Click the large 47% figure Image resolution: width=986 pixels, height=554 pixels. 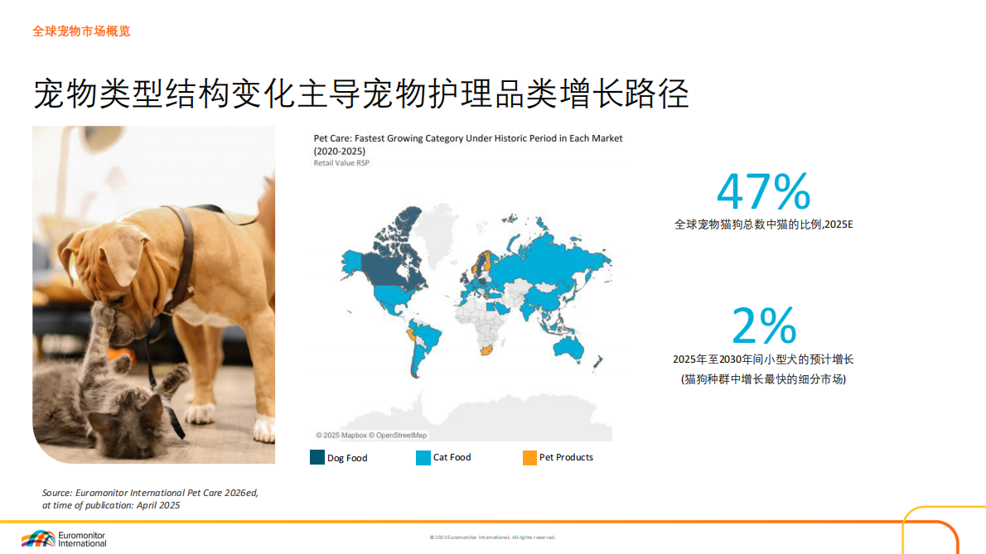763,192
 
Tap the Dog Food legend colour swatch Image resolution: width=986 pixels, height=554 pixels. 317,457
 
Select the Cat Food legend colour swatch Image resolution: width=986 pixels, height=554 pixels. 423,457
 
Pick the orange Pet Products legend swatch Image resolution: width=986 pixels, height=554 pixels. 529,457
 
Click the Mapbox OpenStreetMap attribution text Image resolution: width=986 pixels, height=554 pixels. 372,435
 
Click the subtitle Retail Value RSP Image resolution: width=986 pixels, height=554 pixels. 341,163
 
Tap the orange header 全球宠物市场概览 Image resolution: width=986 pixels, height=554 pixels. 81,31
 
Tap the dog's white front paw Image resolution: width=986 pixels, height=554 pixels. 263,429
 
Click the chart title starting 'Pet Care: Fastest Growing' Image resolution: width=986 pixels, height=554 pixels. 467,138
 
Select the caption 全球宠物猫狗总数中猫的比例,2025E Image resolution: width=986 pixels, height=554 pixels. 763,224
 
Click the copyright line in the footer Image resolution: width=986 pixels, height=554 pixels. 493,537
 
